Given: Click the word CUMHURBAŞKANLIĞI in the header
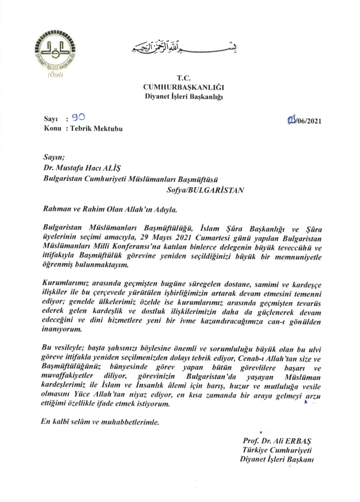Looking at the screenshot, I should coord(184,87).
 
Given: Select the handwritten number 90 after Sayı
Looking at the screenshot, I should coord(78,118).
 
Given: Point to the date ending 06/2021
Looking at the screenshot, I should coord(304,120).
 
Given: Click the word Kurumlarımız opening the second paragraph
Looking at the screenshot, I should coord(65,284).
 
